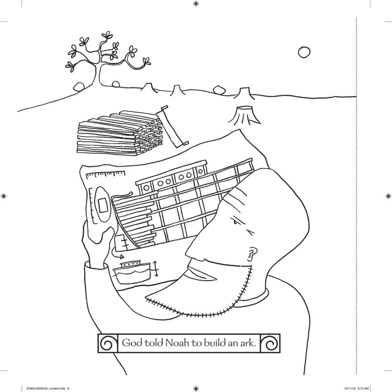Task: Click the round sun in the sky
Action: (304, 52)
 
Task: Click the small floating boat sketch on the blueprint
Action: (131, 270)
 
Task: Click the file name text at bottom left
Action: (47, 388)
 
